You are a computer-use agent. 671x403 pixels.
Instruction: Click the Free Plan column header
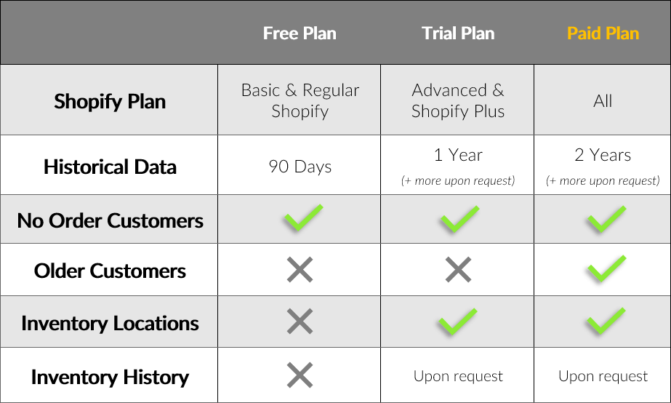[x=300, y=33]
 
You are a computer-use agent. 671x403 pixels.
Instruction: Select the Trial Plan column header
[x=458, y=33]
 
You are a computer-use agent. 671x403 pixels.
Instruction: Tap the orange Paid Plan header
[x=603, y=33]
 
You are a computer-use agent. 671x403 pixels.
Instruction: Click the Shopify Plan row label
[x=110, y=102]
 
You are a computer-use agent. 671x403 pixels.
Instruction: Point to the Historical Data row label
[x=110, y=167]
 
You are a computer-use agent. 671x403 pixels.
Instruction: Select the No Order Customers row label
[x=110, y=220]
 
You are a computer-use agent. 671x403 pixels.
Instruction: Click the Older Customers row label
[x=110, y=271]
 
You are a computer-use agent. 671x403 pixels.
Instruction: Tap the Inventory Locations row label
[x=110, y=323]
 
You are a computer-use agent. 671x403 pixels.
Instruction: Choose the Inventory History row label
[x=110, y=378]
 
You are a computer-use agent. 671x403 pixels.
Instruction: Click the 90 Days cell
[x=300, y=167]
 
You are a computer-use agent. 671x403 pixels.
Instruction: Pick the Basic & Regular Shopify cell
[x=300, y=100]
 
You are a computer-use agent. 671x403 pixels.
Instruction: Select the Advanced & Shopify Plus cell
[x=458, y=100]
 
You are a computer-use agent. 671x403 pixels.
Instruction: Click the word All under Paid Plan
[x=603, y=101]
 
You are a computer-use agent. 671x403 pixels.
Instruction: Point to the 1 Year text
[x=458, y=155]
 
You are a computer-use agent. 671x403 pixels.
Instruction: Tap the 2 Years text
[x=603, y=155]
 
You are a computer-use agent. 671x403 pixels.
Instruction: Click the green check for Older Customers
[x=606, y=268]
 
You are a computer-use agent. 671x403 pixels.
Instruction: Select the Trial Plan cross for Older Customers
[x=458, y=269]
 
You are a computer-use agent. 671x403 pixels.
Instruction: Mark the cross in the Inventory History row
[x=300, y=375]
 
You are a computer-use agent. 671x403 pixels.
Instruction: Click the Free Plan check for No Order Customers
[x=303, y=218]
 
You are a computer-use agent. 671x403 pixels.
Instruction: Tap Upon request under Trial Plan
[x=458, y=376]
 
